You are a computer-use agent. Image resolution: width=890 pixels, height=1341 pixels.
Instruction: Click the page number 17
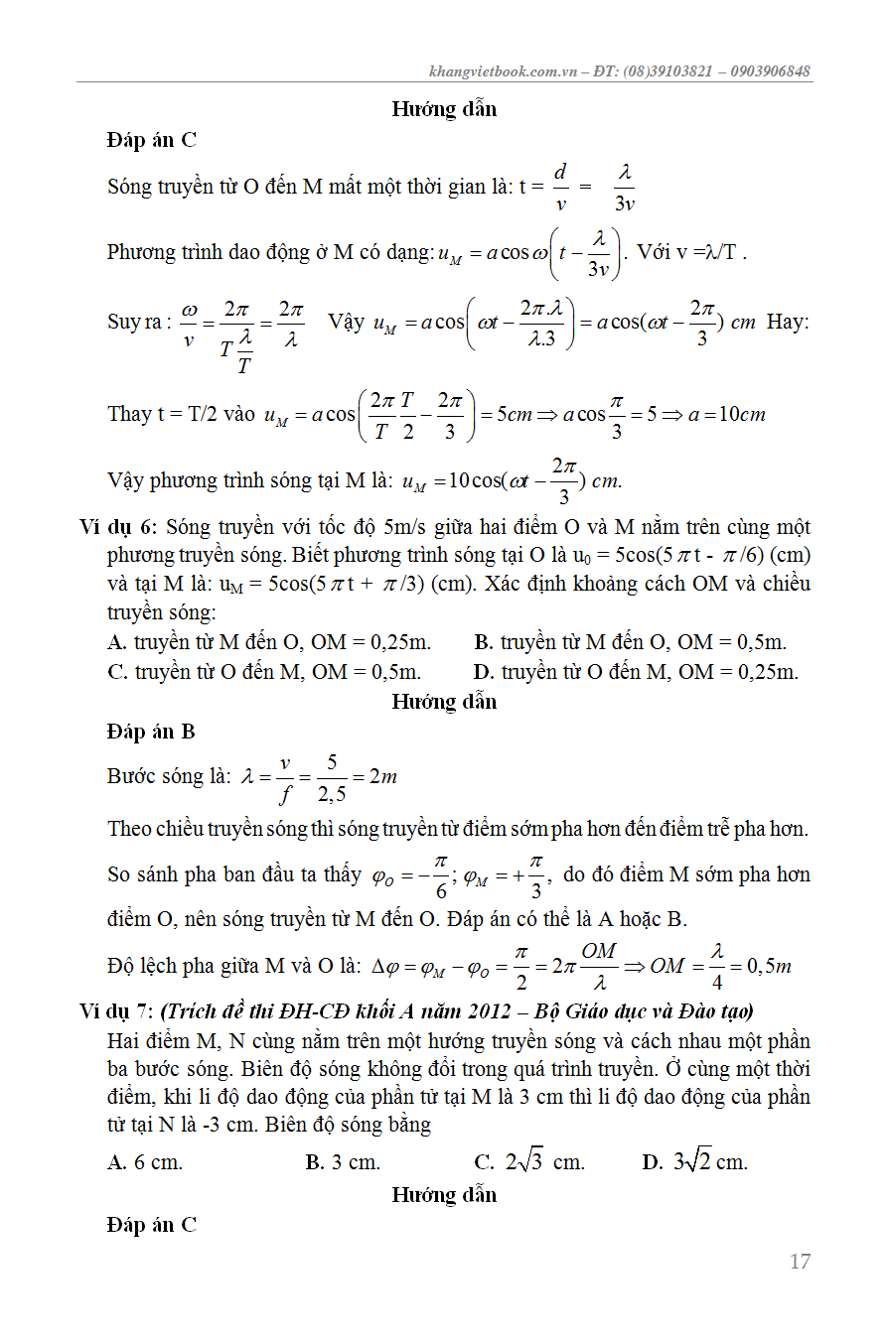[x=800, y=1262]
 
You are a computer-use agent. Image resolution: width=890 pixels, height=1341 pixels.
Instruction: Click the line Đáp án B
[x=151, y=732]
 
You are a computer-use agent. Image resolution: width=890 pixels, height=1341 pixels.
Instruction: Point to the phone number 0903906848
[x=770, y=71]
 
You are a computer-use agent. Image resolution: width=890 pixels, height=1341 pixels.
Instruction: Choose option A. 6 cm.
[x=145, y=1161]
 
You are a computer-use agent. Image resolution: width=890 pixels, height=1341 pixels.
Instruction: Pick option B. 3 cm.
[x=343, y=1161]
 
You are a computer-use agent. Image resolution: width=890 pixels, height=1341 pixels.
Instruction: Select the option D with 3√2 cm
[x=694, y=1161]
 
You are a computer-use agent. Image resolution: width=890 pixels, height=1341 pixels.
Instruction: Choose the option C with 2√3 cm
[x=529, y=1161]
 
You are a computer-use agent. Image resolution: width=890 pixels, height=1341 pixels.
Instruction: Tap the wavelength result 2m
[x=382, y=776]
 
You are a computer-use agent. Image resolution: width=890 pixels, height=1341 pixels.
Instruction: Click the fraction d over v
[x=560, y=187]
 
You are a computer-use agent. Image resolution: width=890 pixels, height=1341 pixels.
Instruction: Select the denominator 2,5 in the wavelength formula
[x=332, y=792]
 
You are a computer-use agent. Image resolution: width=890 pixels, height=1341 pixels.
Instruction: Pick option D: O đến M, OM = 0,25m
[x=636, y=672]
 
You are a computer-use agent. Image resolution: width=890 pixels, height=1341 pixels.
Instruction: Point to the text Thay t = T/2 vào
[x=181, y=414]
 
